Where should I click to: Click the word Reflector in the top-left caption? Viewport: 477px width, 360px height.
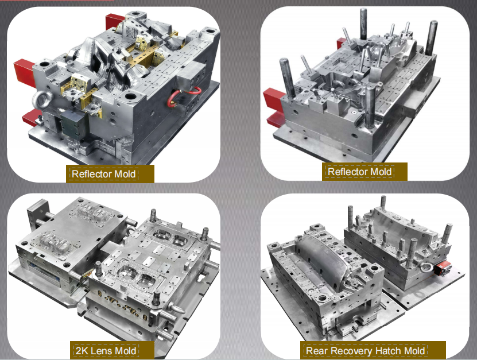click(88, 174)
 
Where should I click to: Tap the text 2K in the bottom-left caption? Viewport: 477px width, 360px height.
click(82, 351)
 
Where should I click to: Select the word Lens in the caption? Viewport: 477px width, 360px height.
click(99, 351)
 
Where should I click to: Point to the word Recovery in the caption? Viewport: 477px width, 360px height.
click(350, 351)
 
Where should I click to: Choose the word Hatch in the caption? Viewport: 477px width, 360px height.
click(386, 351)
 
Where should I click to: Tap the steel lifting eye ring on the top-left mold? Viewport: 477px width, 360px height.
click(42, 99)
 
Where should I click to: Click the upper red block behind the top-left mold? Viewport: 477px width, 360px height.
click(115, 21)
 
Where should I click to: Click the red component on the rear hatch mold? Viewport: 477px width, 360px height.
click(441, 270)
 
